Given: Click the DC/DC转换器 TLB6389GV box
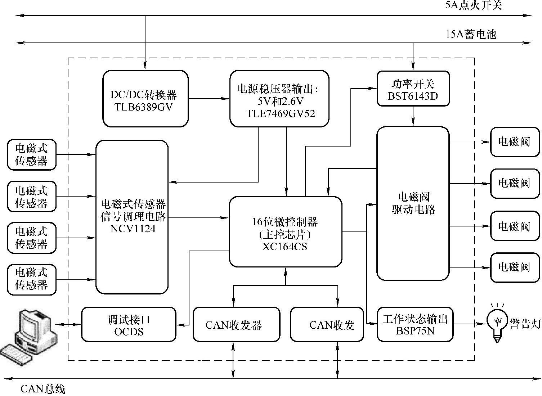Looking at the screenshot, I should pos(145,99).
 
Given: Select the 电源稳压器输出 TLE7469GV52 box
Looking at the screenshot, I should pos(279,99).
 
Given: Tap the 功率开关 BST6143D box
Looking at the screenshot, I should pos(413,89).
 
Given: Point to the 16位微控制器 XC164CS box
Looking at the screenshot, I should pos(285,232).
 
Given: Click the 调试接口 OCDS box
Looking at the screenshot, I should pos(129,324).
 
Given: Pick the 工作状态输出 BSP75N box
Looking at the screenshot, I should pos(415,324).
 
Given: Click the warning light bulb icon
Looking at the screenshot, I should pos(497,322).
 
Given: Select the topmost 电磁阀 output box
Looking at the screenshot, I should pos(515,141).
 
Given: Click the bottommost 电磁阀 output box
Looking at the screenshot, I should pos(515,267).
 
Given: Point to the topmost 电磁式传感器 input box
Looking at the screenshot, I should pos(32,155).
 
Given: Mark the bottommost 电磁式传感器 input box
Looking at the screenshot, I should pos(32,280).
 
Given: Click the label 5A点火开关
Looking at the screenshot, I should pos(473,5).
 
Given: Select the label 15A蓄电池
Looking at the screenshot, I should pos(471,34).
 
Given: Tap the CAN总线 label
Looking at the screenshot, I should pos(43,389).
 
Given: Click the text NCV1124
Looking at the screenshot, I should pos(133,229).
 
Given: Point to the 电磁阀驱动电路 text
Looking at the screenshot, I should pos(413,203).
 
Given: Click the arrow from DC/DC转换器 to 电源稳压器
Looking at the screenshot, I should pos(209,99).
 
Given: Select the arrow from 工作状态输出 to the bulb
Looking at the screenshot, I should pos(470,324).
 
